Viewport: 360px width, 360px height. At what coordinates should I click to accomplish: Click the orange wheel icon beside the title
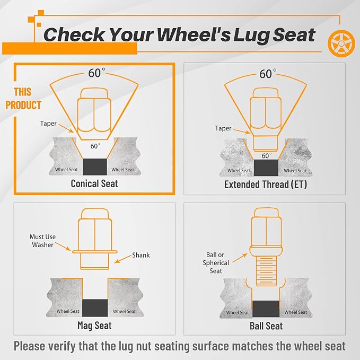click(341, 43)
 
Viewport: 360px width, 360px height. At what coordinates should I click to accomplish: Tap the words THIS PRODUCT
click(23, 99)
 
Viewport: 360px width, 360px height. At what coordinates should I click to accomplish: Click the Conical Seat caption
click(94, 183)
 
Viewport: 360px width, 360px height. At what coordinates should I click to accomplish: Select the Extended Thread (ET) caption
click(266, 185)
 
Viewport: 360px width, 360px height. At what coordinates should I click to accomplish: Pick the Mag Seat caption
click(94, 326)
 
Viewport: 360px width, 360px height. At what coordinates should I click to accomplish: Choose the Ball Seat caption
click(266, 326)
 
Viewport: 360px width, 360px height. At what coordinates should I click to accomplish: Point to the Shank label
click(141, 255)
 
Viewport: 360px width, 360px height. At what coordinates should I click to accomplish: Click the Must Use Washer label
click(43, 241)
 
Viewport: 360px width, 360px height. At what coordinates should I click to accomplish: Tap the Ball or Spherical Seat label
click(216, 262)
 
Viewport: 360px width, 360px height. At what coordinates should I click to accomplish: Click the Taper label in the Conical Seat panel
click(48, 124)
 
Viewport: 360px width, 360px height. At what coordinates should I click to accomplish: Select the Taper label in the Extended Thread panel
click(223, 128)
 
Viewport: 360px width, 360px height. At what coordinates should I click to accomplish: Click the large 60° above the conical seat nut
click(96, 73)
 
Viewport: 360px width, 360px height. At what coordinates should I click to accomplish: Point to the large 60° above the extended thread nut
click(268, 74)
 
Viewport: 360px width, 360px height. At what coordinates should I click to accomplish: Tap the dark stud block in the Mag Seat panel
click(95, 308)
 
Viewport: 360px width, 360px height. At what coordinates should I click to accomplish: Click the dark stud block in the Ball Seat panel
click(266, 309)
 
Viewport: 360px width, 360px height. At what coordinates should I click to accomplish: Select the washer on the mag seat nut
click(94, 252)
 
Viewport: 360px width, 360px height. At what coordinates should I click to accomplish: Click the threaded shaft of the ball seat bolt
click(266, 271)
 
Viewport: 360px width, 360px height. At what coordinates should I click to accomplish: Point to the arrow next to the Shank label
click(123, 259)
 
